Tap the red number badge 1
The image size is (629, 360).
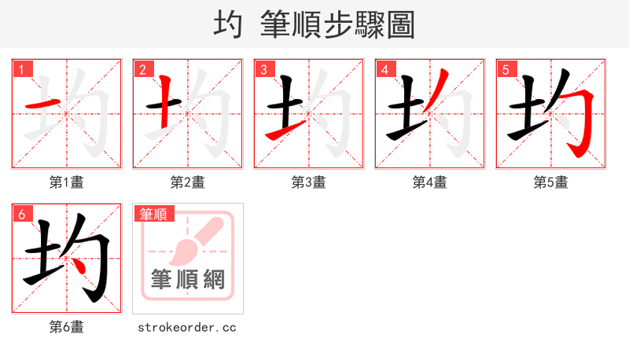(x=21, y=69)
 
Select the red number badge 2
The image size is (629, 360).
(x=142, y=69)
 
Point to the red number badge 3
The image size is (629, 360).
(x=263, y=69)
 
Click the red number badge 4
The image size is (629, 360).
(x=384, y=69)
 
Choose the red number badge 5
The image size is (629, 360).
(x=506, y=69)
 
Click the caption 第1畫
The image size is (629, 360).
(x=67, y=182)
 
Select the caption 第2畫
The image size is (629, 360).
(x=188, y=182)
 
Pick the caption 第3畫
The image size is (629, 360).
(x=309, y=182)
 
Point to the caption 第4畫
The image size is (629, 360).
(x=430, y=182)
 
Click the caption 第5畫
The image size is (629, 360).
(x=551, y=182)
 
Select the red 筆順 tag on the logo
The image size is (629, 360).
(x=155, y=213)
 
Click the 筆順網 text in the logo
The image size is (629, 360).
(x=188, y=279)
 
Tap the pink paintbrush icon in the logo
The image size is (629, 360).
(x=193, y=241)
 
